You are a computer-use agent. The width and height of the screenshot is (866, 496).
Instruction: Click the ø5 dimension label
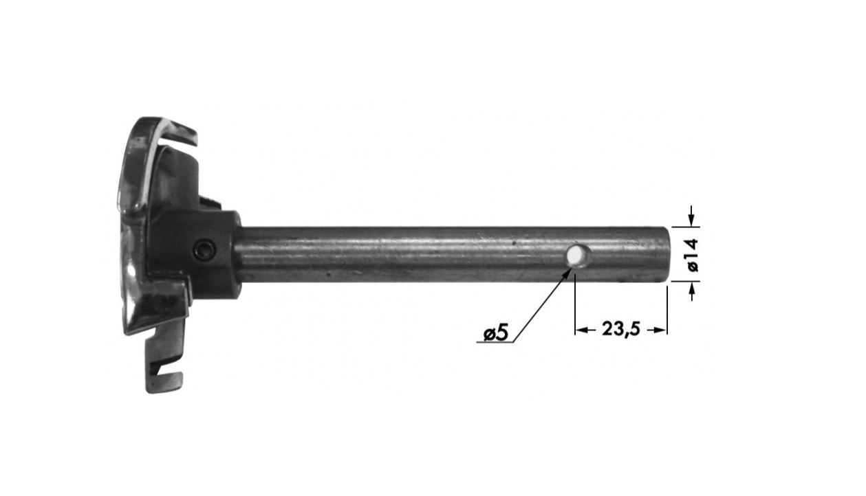tap(496, 332)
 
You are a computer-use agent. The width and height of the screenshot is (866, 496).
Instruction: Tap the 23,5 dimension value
tap(620, 329)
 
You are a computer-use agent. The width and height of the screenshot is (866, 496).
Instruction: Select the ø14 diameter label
tap(692, 255)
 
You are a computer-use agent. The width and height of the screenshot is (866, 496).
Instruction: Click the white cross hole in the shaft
tap(575, 255)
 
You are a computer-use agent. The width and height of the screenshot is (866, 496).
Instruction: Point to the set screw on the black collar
tap(205, 250)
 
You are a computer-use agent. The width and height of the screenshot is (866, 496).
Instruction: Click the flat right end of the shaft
tap(667, 254)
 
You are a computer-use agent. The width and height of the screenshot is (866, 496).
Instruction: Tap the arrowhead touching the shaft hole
tap(567, 273)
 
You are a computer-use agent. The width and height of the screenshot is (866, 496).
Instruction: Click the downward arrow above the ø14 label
tap(692, 216)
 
